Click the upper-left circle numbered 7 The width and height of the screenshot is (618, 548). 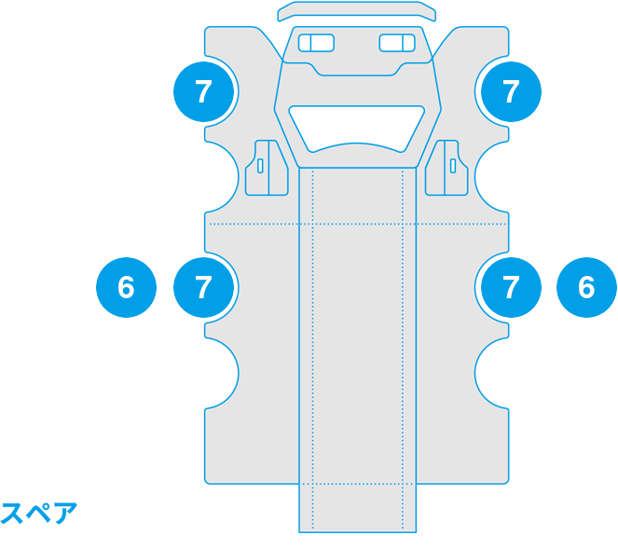tap(204, 91)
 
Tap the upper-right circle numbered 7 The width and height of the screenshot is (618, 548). tap(511, 91)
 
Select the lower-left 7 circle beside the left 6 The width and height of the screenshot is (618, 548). tap(204, 287)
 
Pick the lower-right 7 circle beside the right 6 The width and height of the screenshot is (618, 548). tap(511, 287)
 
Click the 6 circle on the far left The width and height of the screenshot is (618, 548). tap(126, 287)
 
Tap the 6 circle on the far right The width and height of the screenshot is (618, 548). tap(586, 287)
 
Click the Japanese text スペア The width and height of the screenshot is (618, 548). tap(38, 513)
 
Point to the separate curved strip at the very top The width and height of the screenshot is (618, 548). tap(357, 11)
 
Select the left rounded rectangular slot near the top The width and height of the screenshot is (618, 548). tap(316, 43)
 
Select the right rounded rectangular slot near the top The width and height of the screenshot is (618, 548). tap(397, 43)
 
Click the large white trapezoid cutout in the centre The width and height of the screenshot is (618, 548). tap(357, 129)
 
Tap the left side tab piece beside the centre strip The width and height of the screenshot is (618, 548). tap(267, 168)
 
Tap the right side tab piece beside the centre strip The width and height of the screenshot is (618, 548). tap(446, 168)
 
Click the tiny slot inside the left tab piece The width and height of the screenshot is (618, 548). tap(260, 166)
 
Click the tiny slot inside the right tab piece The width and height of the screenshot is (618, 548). tap(453, 166)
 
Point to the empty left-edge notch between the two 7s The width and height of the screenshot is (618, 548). tap(222, 177)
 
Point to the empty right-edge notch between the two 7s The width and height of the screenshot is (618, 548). tap(492, 177)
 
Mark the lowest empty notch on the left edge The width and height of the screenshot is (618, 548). tap(222, 373)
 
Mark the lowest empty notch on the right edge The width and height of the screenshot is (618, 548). tap(492, 373)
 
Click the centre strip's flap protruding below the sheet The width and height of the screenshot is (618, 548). tap(358, 508)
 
